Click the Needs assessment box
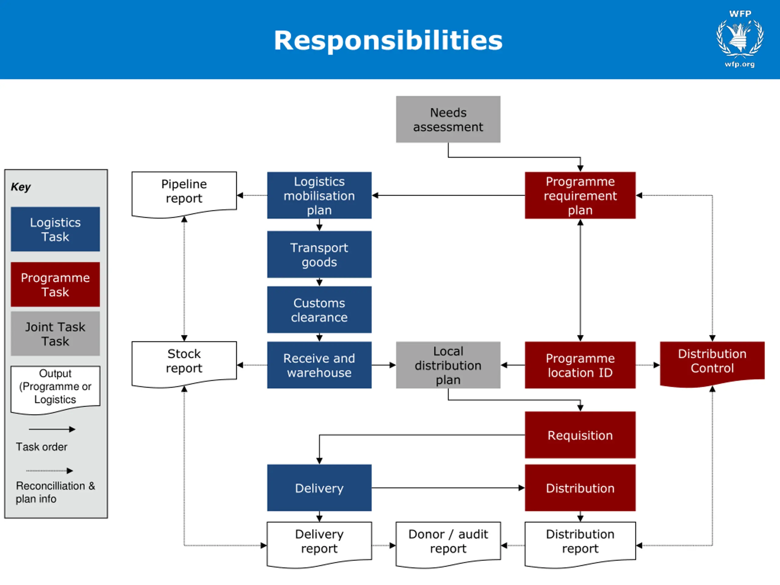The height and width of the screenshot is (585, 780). pos(448,119)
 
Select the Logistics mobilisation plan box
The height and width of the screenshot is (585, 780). pos(319,195)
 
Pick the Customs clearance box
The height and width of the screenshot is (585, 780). pos(319,310)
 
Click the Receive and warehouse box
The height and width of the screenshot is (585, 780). pos(319,365)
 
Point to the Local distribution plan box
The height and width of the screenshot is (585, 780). pos(448,365)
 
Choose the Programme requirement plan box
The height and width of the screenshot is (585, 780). pos(580,195)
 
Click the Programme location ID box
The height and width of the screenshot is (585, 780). pos(580,365)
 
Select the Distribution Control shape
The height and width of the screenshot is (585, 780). pos(712,363)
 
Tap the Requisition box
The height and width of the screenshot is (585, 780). pos(580,435)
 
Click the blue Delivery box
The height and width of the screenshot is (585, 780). pos(319,488)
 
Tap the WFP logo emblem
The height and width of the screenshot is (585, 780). pos(740,38)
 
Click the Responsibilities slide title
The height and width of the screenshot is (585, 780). pos(388,40)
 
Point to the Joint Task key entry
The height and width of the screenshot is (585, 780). pos(55,334)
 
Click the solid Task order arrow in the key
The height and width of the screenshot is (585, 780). pos(52,429)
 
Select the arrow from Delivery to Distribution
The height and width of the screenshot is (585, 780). pos(448,488)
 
